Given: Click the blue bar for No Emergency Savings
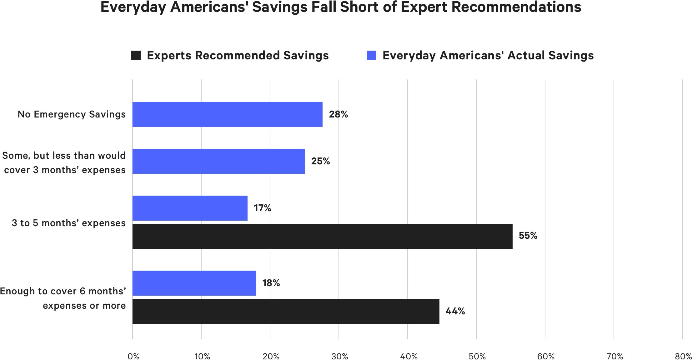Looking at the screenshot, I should (227, 114).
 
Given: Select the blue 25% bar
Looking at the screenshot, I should (218, 161).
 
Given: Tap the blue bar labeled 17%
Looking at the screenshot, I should (190, 208).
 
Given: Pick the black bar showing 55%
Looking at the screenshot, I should (322, 236).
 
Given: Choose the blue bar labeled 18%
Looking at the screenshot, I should (194, 283).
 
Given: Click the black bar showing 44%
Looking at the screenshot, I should (286, 311).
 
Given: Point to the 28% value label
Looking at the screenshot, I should (338, 114).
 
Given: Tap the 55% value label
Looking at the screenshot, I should (528, 236).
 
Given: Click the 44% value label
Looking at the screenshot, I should (455, 311).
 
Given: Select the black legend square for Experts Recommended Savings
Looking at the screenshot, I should (136, 55).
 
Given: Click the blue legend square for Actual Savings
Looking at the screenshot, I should (371, 55).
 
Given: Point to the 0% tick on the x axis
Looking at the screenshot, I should (133, 356).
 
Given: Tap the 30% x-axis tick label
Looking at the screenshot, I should (340, 356).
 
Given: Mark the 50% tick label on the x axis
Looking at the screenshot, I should (477, 356).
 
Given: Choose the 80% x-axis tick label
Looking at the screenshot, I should (683, 356).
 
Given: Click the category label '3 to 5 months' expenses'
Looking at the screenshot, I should (69, 223).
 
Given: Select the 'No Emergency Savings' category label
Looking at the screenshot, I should (72, 114).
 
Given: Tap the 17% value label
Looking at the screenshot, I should (262, 208).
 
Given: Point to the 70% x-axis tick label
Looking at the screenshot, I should (615, 356).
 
